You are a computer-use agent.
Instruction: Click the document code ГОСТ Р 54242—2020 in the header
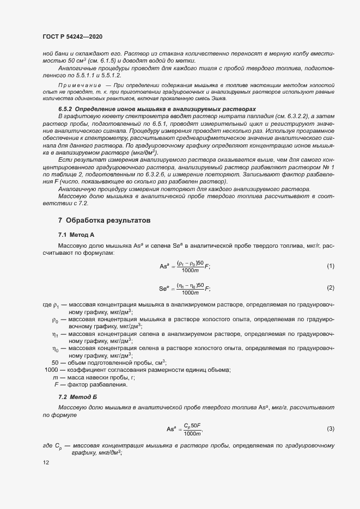click(72, 36)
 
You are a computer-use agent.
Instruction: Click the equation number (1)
click(330, 266)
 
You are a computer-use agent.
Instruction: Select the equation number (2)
click(330, 287)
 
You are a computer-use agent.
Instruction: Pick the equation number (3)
click(330, 429)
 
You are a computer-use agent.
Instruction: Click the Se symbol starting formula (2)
click(164, 288)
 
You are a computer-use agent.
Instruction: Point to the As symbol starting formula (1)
click(164, 266)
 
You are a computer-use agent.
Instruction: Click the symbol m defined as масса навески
click(56, 377)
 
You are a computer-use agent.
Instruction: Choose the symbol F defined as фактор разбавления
click(56, 384)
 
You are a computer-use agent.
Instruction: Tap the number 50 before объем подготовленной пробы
click(55, 363)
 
